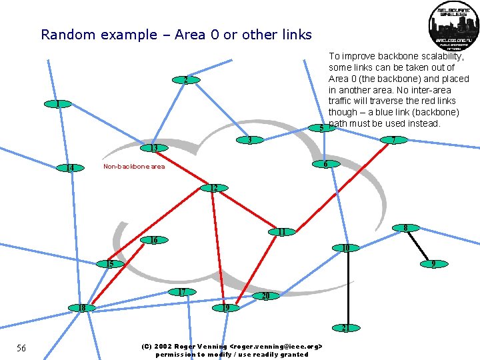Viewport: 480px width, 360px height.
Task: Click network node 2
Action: (x=185, y=81)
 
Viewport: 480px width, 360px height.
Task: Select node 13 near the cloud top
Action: (x=153, y=148)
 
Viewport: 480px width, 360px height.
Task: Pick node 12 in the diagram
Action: (x=214, y=188)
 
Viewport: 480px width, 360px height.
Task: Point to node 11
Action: (x=282, y=232)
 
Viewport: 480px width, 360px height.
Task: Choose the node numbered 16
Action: (x=154, y=240)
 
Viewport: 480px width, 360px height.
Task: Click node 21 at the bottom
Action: (x=345, y=328)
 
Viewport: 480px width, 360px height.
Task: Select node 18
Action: (x=82, y=308)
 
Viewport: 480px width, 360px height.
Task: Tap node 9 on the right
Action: (x=433, y=264)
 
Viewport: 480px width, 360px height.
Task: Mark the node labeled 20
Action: (x=265, y=295)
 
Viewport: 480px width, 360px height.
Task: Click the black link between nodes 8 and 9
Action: (x=420, y=246)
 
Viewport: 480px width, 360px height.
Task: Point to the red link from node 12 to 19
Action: (x=219, y=247)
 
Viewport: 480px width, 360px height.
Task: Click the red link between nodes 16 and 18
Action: (x=119, y=273)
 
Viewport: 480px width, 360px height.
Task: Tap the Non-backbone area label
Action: (x=134, y=167)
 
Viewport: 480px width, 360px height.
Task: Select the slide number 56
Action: (x=21, y=348)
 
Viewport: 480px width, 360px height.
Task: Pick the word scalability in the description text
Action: (x=433, y=57)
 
